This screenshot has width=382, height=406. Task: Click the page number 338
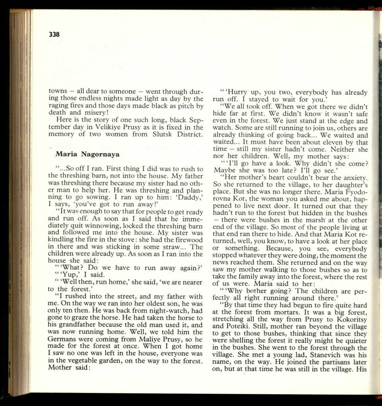coord(54,35)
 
